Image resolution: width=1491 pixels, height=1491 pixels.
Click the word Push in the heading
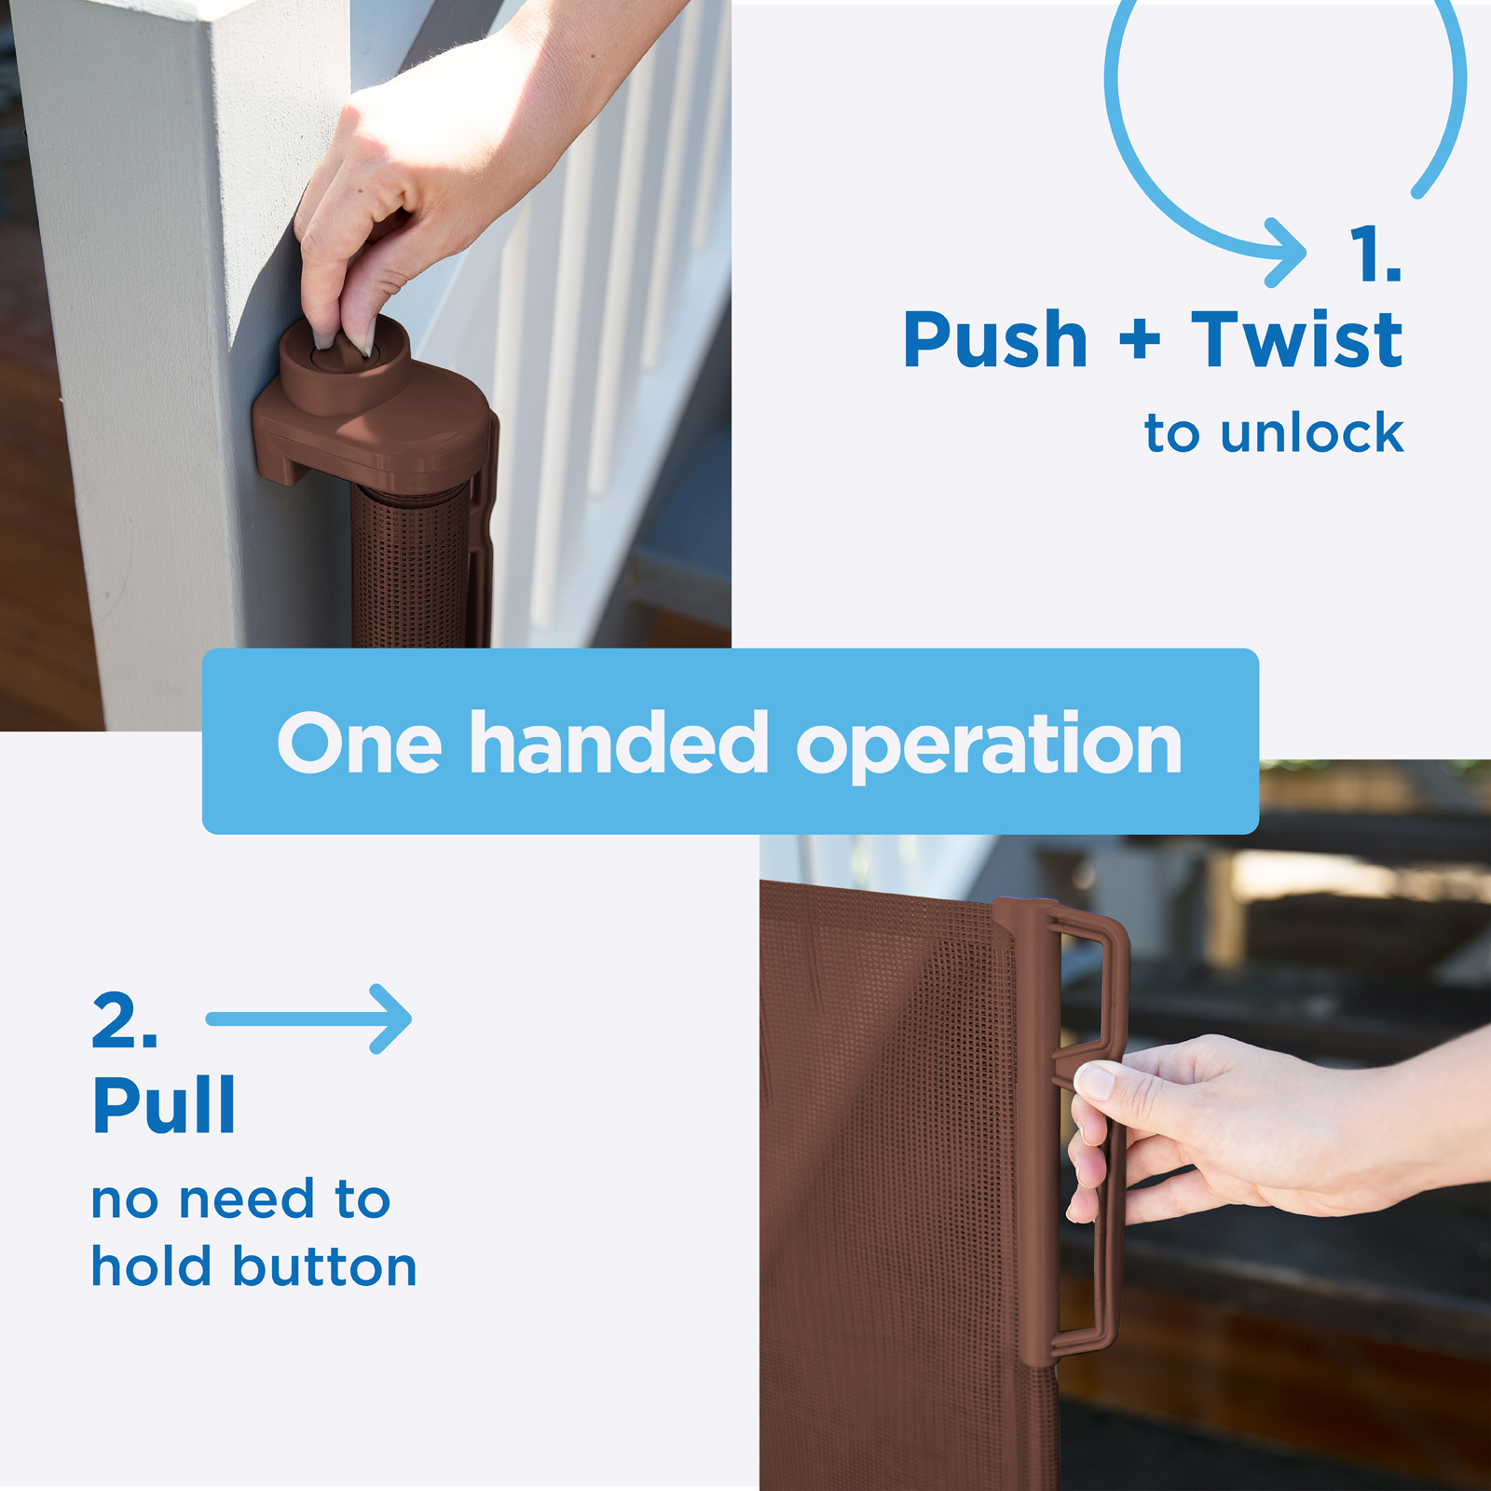995,341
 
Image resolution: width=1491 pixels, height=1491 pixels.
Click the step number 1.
1375,253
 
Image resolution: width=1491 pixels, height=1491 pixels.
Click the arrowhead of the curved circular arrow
1287,252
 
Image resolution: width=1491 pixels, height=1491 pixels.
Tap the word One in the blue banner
359,743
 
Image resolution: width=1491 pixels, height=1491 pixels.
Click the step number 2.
124,1020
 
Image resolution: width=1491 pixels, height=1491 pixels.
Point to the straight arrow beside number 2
308,1019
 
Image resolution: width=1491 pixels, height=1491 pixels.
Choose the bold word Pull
164,1104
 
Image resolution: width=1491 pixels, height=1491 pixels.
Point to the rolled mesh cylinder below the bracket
410,568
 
